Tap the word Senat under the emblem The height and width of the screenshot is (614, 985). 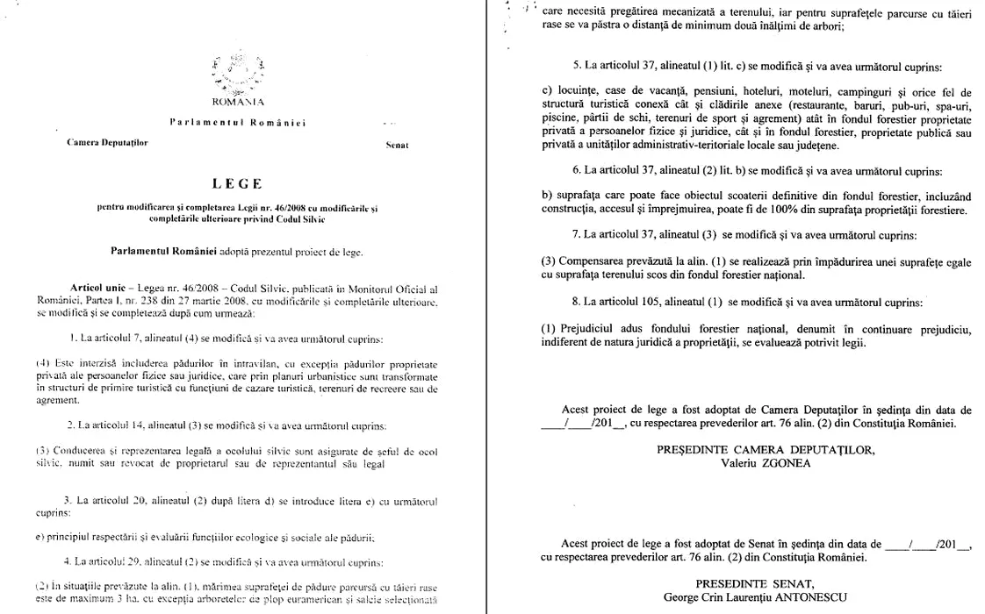pos(397,144)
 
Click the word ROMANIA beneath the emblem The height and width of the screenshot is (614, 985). pos(231,102)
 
